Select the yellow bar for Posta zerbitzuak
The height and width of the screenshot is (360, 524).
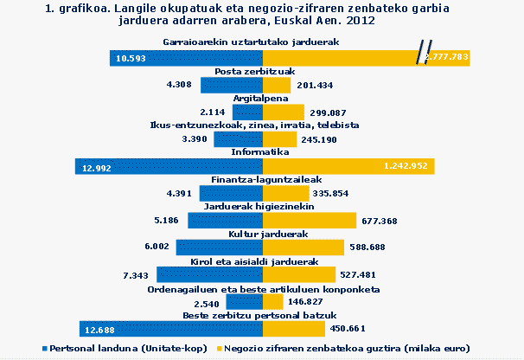coord(277,85)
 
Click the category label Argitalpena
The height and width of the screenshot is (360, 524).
coord(262,99)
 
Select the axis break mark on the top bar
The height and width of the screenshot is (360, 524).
coord(423,54)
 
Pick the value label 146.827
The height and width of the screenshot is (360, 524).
coord(314,302)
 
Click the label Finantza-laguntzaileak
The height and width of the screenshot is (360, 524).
coord(262,180)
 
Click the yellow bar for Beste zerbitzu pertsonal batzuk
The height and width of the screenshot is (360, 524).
coord(294,329)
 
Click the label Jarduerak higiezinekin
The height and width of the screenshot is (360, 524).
coord(262,207)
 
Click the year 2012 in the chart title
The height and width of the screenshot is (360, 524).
coord(360,18)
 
